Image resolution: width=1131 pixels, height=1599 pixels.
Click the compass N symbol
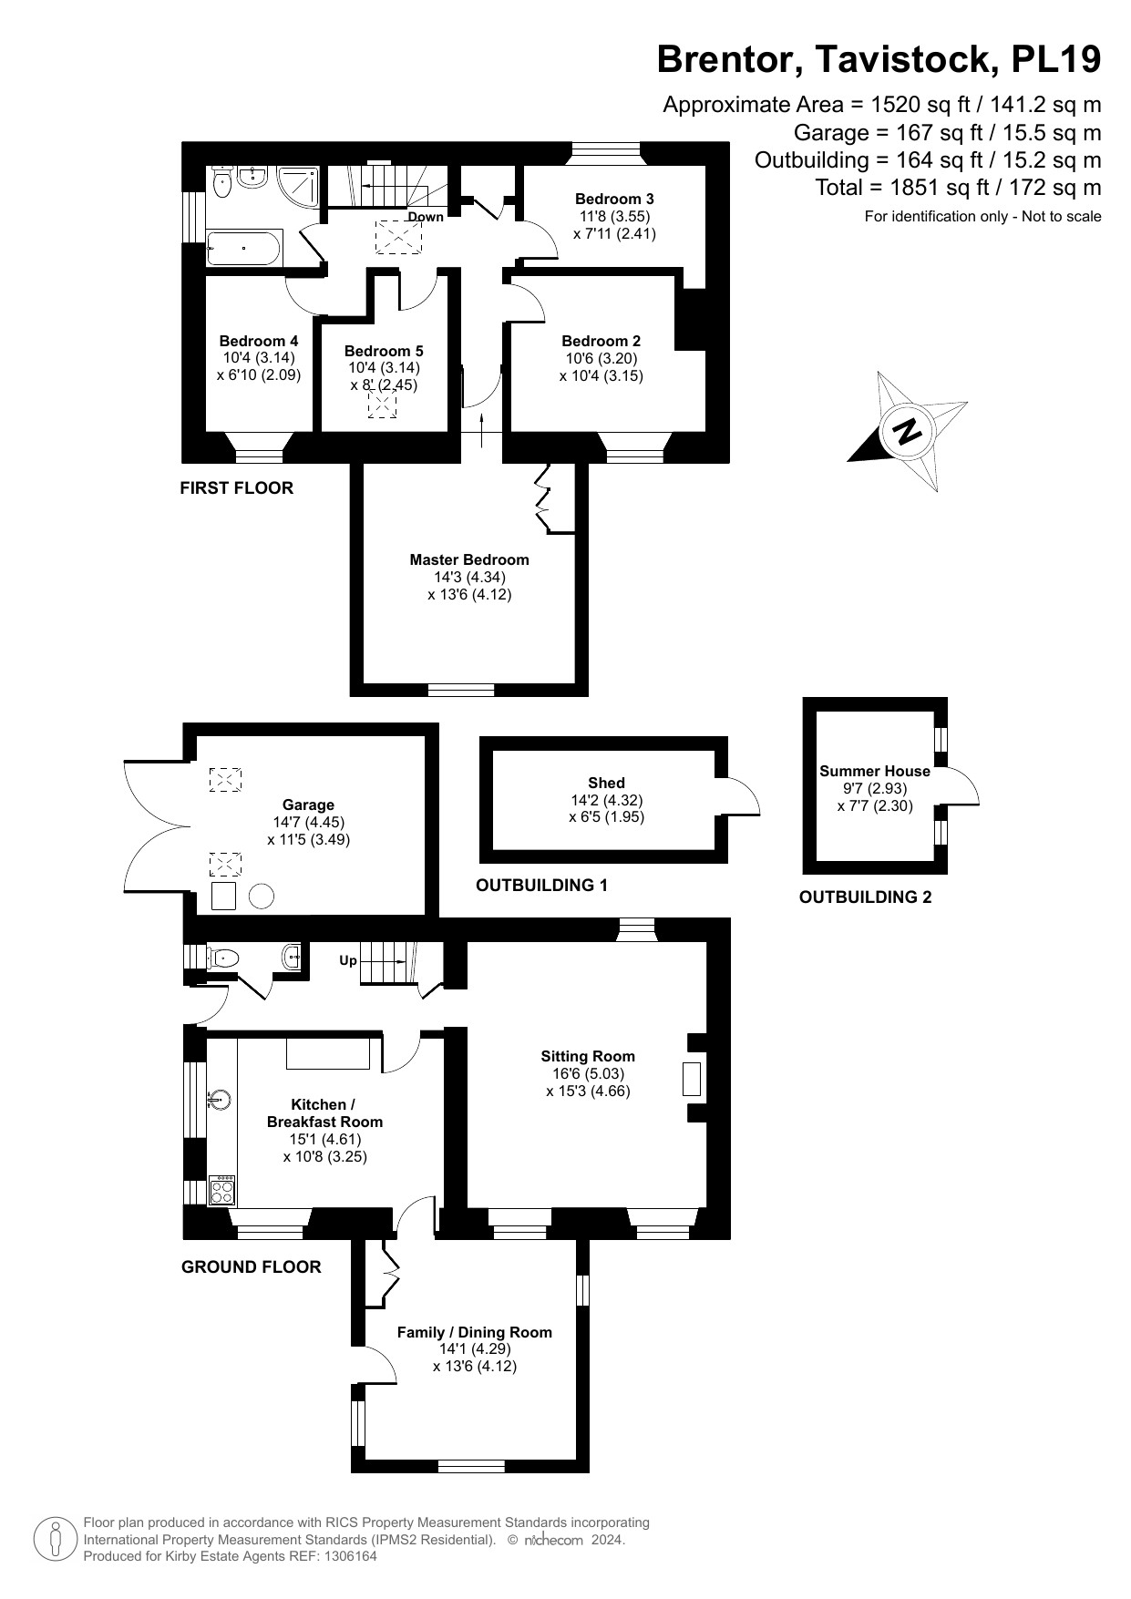907,430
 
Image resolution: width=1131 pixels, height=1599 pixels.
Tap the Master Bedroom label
468,559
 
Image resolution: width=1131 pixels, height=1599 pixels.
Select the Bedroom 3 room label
614,199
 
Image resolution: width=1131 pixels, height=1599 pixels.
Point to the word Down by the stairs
426,217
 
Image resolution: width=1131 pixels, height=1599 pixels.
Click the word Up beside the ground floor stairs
348,960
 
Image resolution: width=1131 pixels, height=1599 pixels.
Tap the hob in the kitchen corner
221,1191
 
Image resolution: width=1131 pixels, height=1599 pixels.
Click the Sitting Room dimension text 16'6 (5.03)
588,1073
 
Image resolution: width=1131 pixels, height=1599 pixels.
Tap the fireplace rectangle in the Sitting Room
692,1079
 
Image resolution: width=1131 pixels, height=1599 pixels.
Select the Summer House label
875,771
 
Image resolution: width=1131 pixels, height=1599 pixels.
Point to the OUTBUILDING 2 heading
865,897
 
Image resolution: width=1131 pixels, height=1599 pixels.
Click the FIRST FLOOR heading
236,488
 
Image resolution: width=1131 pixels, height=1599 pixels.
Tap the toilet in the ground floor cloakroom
224,958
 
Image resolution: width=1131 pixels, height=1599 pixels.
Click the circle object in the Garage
262,897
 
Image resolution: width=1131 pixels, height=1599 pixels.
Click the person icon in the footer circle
56,1540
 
